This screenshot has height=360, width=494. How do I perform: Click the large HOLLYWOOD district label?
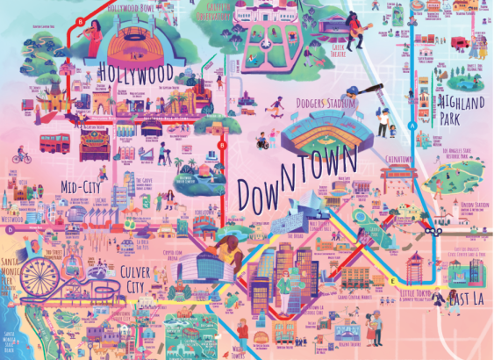136,69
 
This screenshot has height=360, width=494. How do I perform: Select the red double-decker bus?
54,142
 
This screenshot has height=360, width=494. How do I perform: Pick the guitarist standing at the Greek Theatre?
357,33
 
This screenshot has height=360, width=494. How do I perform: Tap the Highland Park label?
461,111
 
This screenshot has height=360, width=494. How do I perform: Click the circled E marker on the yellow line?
392,280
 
